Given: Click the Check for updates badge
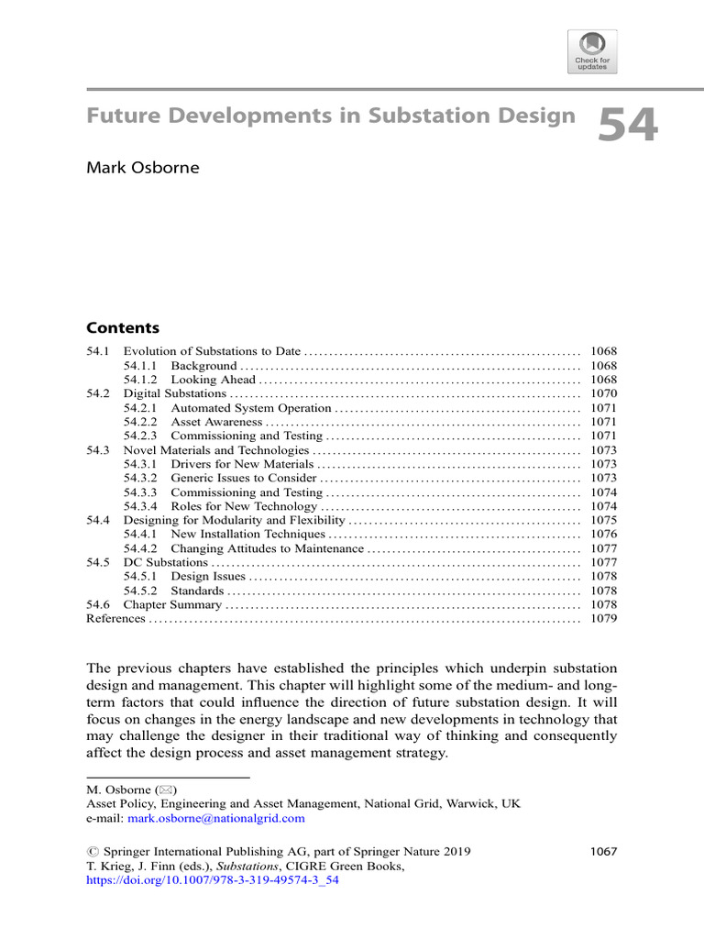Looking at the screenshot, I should point(592,51).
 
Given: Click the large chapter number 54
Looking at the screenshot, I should point(628,125).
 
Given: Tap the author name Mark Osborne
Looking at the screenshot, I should point(142,168).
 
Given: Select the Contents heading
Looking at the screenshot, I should point(122,328).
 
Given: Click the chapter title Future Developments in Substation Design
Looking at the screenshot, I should point(331,116).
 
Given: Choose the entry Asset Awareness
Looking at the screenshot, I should point(217,422).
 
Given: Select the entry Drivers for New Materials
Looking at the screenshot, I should point(241,464).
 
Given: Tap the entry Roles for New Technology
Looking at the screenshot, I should point(244,506).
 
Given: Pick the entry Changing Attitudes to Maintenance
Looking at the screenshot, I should point(267,548).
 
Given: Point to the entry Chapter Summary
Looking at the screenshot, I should point(172,605).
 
